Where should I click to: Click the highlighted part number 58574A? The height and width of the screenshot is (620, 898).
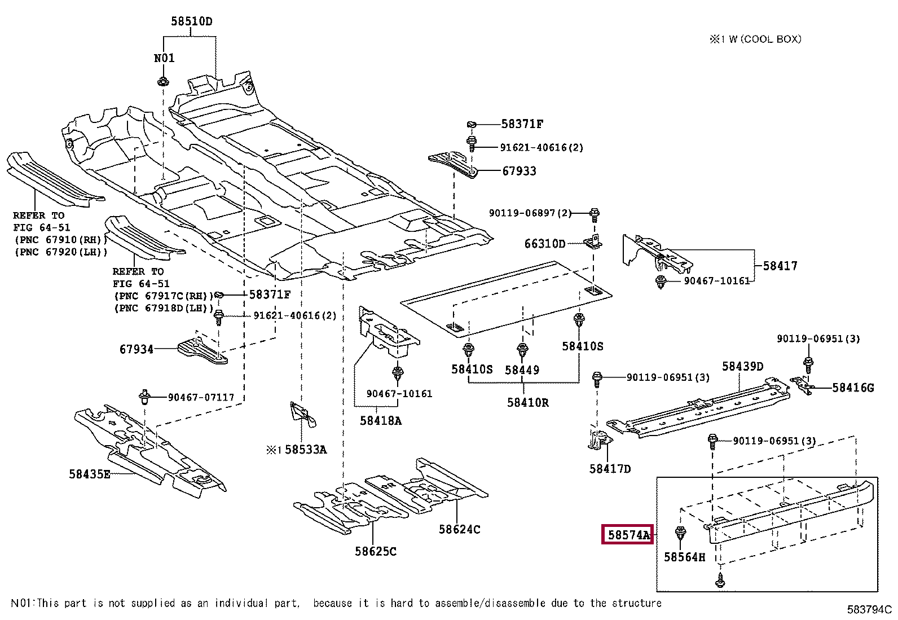(x=628, y=535)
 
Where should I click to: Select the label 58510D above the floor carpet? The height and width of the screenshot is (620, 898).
(x=192, y=21)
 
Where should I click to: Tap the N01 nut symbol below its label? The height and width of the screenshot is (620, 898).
(x=163, y=81)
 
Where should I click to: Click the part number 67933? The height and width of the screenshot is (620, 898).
(x=519, y=172)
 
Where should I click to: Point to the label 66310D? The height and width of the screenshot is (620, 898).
(x=545, y=243)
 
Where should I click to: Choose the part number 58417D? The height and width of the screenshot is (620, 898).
(x=610, y=468)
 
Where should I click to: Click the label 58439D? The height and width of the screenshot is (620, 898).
(x=742, y=366)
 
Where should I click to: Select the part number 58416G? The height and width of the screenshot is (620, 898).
(x=853, y=388)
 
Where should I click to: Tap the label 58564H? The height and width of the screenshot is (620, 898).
(x=684, y=557)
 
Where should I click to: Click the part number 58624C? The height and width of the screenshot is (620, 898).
(x=459, y=529)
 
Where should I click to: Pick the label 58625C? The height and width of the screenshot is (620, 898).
(x=376, y=551)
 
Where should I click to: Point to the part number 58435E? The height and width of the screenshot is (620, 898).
(x=89, y=474)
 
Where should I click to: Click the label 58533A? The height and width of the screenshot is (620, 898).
(x=306, y=450)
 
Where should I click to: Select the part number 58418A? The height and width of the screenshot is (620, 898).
(x=380, y=421)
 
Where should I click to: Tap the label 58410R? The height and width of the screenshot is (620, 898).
(x=527, y=402)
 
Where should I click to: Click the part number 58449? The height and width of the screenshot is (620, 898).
(x=522, y=370)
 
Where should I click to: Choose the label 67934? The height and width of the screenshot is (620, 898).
(x=137, y=349)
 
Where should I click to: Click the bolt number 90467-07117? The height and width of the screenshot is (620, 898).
(x=201, y=397)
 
